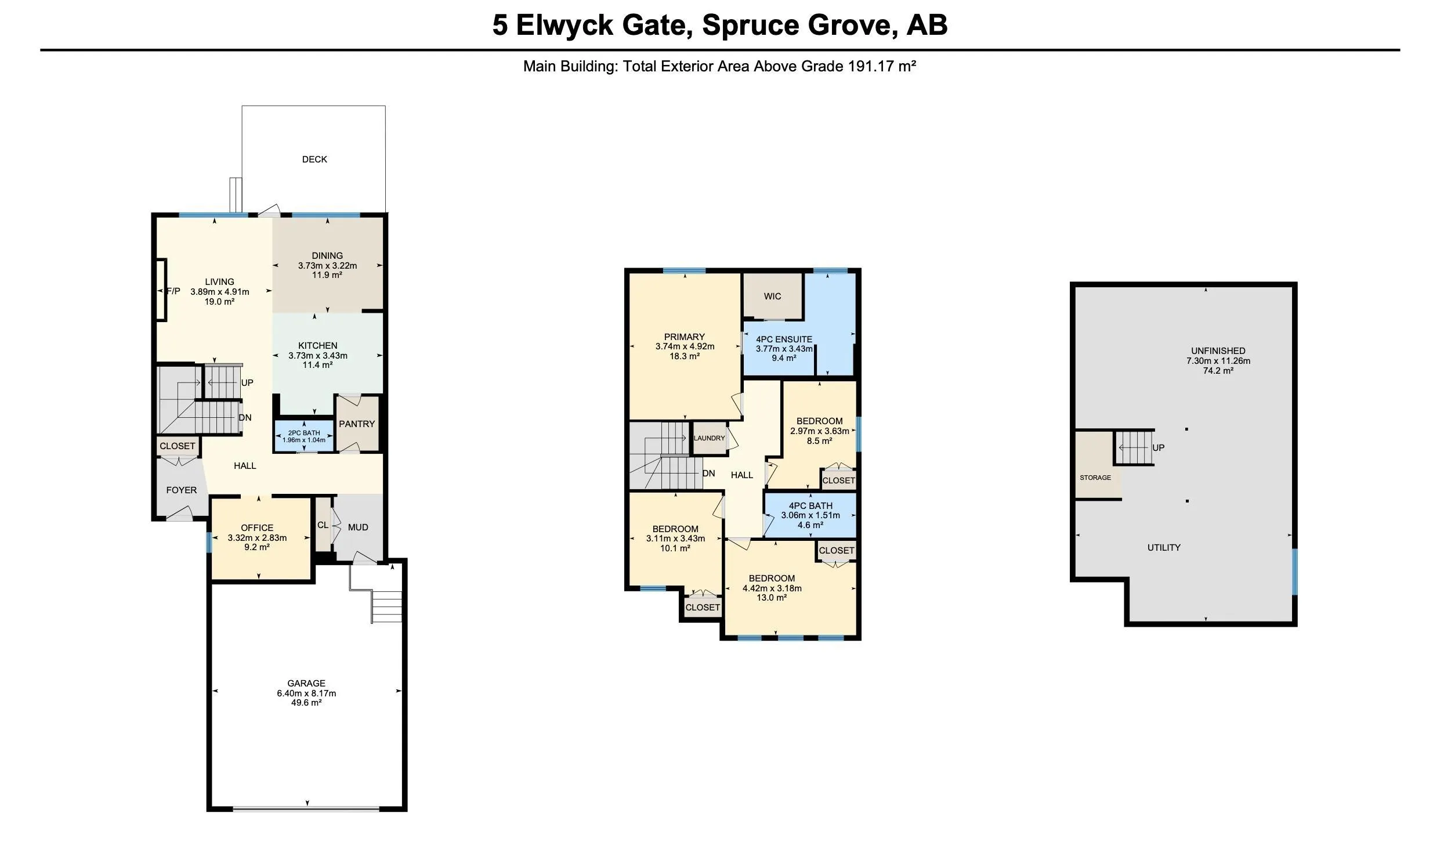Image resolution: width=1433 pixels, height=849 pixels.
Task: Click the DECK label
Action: click(314, 159)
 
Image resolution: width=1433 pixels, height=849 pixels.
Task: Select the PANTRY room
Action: click(357, 424)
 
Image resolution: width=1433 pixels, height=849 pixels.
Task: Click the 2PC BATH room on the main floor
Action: click(304, 436)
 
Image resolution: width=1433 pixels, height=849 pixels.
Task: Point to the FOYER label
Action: click(182, 490)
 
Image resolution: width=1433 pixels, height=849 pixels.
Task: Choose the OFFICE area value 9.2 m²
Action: click(257, 547)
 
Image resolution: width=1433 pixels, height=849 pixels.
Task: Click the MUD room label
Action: click(358, 527)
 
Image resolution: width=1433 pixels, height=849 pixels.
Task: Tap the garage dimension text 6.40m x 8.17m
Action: click(306, 693)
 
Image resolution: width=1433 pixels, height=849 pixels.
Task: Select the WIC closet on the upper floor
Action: click(773, 296)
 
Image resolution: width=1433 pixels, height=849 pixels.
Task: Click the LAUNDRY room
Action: click(710, 438)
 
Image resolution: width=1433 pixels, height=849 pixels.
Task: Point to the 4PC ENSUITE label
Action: click(784, 339)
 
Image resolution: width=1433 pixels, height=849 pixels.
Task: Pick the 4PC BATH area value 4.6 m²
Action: click(810, 525)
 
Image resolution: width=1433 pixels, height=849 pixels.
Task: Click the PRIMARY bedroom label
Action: click(685, 337)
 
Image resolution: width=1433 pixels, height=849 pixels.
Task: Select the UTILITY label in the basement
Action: click(1164, 547)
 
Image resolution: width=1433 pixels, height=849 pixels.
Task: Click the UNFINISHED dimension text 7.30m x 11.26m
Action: click(1218, 360)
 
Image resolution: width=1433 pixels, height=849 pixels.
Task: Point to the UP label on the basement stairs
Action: click(1159, 447)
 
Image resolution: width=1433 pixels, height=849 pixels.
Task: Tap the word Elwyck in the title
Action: click(564, 26)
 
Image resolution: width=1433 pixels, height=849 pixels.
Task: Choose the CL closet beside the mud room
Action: click(323, 525)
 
